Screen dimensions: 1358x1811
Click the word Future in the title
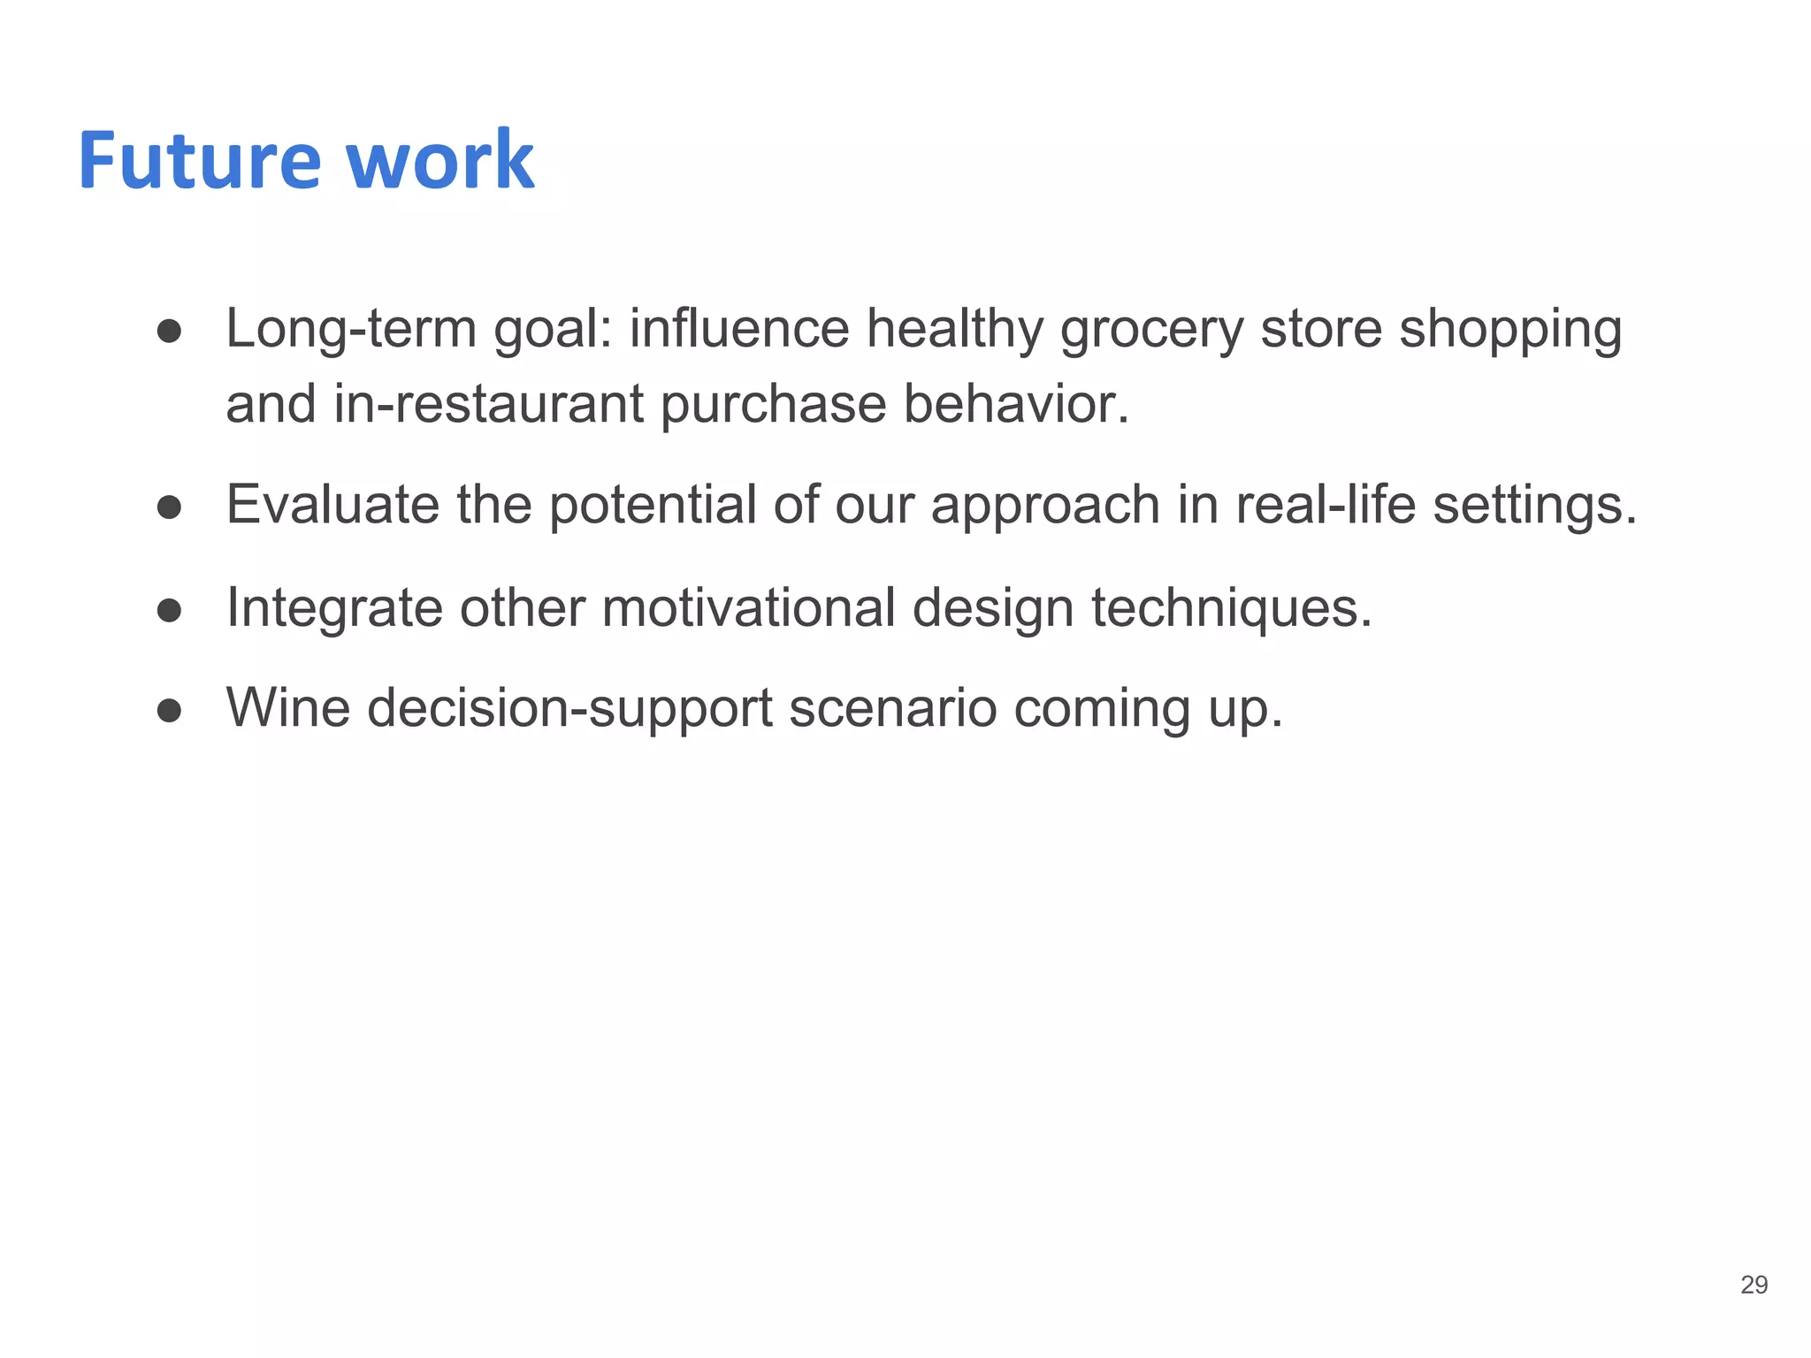[199, 161]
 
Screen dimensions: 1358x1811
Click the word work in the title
[439, 161]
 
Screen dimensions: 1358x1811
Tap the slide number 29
[1754, 1285]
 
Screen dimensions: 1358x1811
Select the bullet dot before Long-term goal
[169, 332]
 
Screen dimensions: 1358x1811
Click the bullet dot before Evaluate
[169, 507]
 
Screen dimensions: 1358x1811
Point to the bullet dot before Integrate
[169, 610]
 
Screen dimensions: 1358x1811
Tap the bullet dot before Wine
[169, 710]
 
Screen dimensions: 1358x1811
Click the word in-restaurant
[489, 404]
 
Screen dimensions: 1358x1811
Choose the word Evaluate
[332, 505]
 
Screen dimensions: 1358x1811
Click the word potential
[653, 507]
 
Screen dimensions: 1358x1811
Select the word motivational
[749, 608]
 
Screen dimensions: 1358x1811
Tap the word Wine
[288, 708]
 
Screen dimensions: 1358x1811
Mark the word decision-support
[569, 710]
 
